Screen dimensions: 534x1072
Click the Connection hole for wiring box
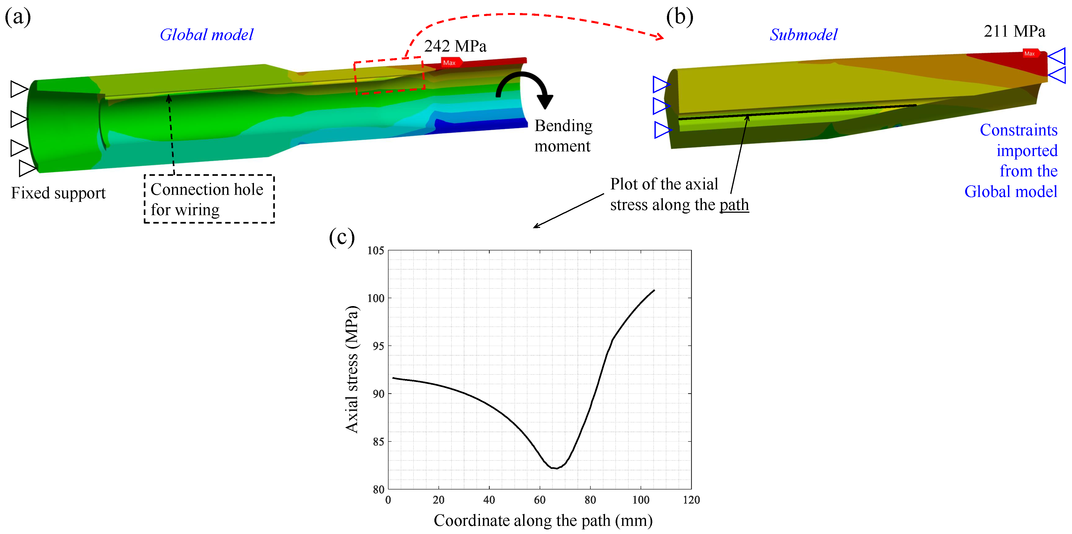click(x=209, y=199)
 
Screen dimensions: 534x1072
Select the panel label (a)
click(x=17, y=17)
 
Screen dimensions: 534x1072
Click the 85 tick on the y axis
click(x=378, y=441)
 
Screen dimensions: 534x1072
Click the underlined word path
click(x=734, y=205)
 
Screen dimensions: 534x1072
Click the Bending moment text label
click(x=563, y=136)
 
